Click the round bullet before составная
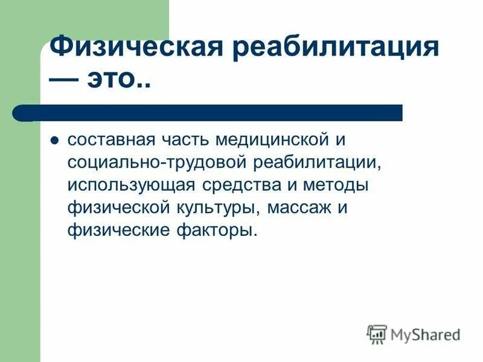54,141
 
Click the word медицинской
275,140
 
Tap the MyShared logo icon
376,333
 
